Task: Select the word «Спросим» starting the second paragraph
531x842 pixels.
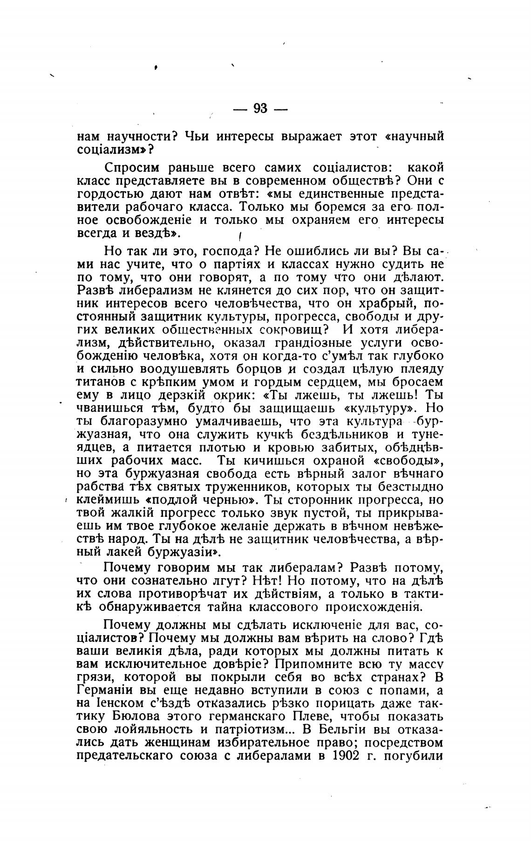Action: pos(133,167)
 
